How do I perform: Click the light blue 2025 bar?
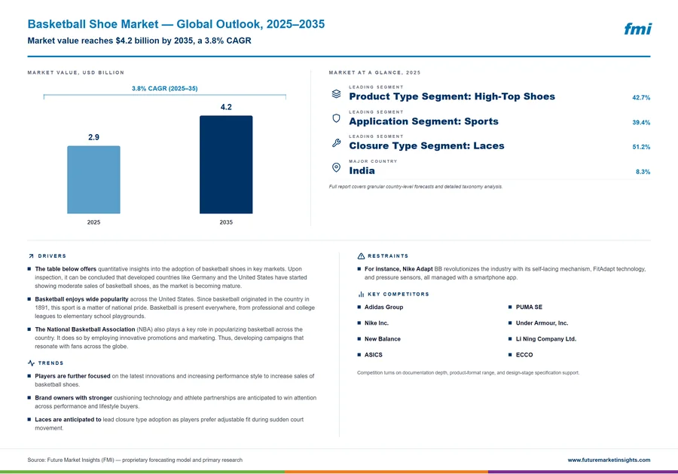(x=93, y=179)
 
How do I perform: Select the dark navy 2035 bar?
(x=226, y=164)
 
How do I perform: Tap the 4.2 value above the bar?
(x=226, y=107)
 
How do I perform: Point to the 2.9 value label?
(x=93, y=137)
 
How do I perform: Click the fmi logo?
(x=637, y=29)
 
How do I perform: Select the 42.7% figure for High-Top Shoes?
(x=641, y=98)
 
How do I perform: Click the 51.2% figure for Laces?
(x=641, y=147)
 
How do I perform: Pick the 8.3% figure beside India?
(x=643, y=172)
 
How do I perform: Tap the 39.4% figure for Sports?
(x=641, y=122)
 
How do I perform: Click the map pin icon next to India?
(x=336, y=167)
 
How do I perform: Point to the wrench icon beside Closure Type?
(x=336, y=142)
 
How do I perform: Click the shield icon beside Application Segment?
(x=336, y=118)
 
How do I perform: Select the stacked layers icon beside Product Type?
(x=336, y=93)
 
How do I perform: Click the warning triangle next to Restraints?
(x=361, y=256)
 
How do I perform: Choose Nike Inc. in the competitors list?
(x=376, y=323)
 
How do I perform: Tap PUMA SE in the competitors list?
(x=529, y=307)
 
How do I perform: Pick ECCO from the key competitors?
(x=524, y=355)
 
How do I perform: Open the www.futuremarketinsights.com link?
(x=609, y=460)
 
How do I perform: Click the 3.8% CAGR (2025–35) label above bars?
(x=165, y=88)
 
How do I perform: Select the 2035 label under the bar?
(x=226, y=222)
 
